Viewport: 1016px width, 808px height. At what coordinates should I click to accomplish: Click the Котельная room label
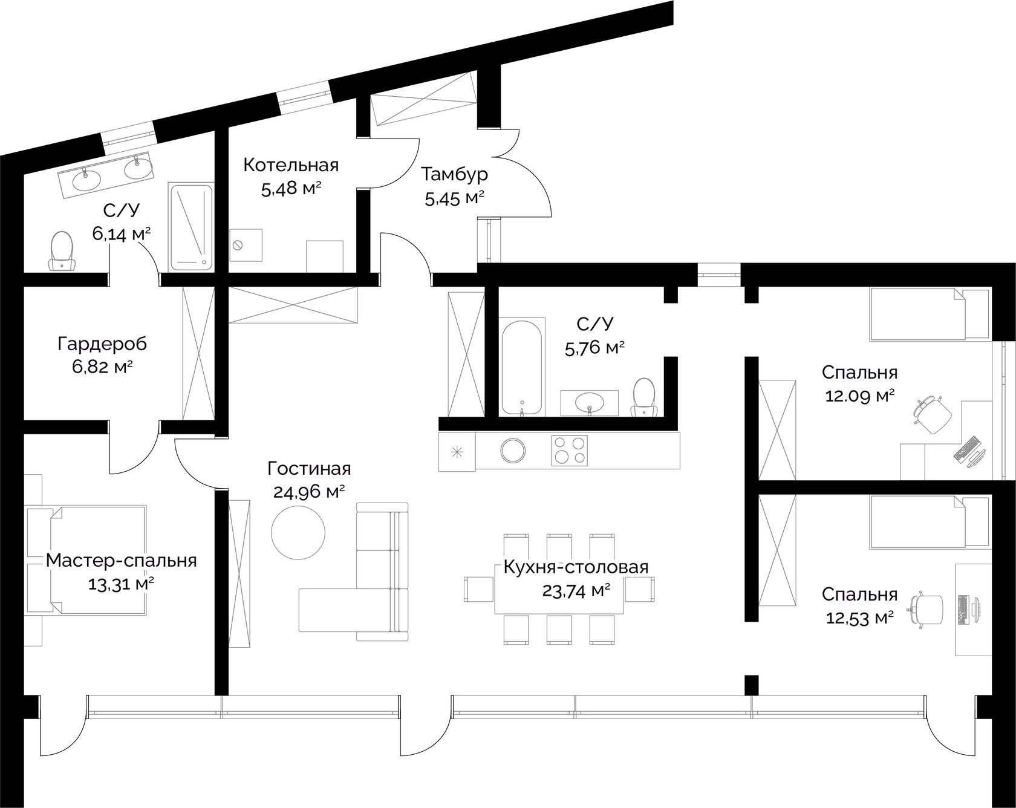click(x=291, y=165)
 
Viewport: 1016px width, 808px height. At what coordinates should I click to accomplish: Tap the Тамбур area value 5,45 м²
click(x=455, y=198)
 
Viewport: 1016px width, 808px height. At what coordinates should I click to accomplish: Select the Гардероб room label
click(x=102, y=344)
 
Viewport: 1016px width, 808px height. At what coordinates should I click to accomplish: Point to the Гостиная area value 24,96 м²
click(x=308, y=492)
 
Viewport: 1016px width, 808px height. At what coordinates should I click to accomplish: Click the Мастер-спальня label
click(x=122, y=561)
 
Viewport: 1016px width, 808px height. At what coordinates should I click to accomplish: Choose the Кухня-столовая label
click(x=576, y=567)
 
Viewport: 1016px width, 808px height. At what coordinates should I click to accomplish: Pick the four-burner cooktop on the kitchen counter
click(x=570, y=451)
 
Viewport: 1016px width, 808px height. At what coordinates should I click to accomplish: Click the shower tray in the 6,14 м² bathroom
click(x=191, y=227)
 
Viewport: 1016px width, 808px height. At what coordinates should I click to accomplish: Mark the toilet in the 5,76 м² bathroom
click(x=644, y=397)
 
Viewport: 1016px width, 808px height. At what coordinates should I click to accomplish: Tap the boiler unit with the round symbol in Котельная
click(x=246, y=244)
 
